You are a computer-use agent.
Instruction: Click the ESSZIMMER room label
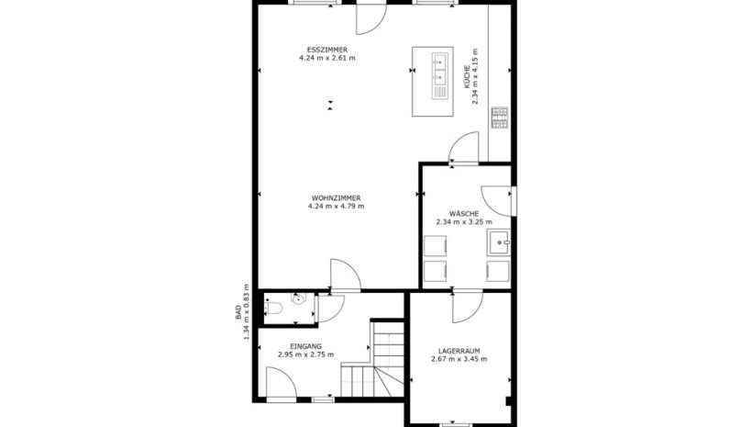(x=327, y=50)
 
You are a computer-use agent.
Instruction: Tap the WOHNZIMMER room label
(x=337, y=198)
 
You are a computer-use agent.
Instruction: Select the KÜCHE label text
(x=466, y=77)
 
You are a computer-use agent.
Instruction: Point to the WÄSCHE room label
(x=464, y=213)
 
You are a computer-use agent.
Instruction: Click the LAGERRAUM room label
(x=459, y=351)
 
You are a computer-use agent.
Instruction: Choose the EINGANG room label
(x=306, y=346)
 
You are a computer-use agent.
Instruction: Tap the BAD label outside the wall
(x=238, y=313)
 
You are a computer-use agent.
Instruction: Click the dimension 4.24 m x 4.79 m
(x=337, y=206)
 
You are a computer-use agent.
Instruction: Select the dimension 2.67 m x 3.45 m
(x=459, y=359)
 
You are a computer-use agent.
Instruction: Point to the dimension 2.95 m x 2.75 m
(x=306, y=354)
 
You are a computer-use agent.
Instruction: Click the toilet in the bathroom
(x=272, y=308)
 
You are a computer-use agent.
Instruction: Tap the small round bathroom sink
(x=298, y=298)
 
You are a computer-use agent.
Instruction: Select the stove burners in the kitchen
(x=499, y=118)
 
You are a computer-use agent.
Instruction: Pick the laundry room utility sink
(x=499, y=242)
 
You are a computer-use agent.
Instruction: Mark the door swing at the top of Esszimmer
(x=371, y=19)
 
